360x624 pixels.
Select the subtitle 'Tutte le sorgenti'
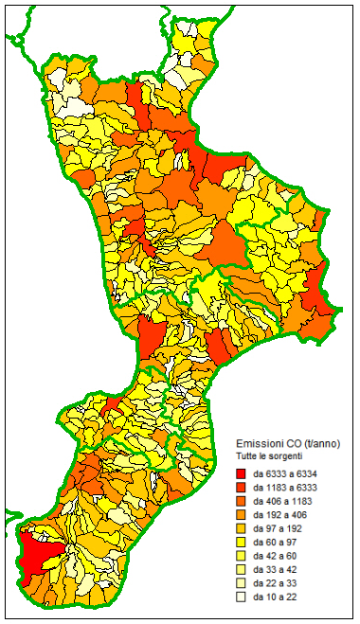coord(270,456)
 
